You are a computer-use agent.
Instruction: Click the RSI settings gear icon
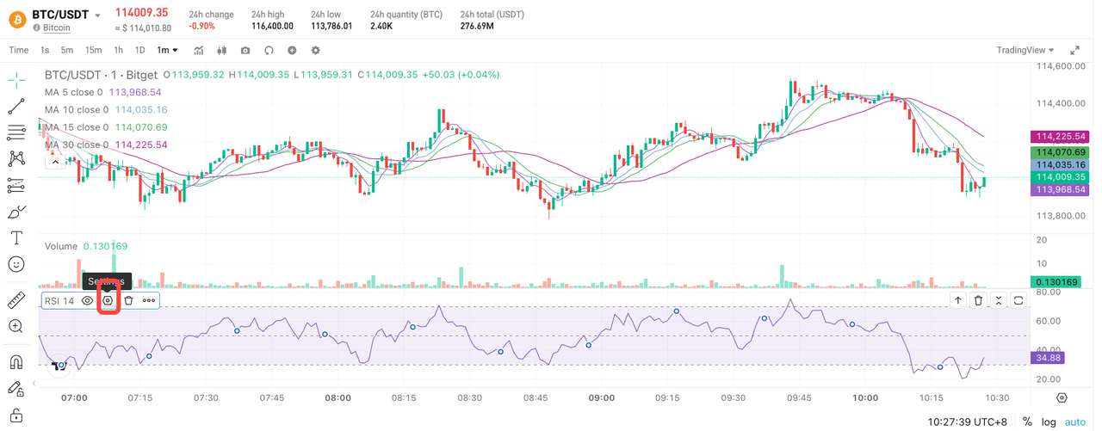pyautogui.click(x=108, y=300)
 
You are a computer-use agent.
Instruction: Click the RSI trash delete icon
pyautogui.click(x=128, y=300)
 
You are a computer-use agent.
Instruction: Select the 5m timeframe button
pyautogui.click(x=67, y=50)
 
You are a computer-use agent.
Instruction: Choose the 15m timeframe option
pyautogui.click(x=93, y=50)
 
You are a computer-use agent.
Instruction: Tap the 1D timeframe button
pyautogui.click(x=139, y=50)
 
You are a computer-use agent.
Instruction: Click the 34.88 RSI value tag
pyautogui.click(x=1047, y=357)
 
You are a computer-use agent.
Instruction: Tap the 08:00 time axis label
pyautogui.click(x=338, y=398)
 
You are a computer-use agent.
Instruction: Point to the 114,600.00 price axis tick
pyautogui.click(x=1058, y=66)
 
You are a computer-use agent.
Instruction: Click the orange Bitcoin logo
pyautogui.click(x=15, y=15)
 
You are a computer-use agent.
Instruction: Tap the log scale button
pyautogui.click(x=1049, y=422)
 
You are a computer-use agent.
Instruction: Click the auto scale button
pyautogui.click(x=1075, y=422)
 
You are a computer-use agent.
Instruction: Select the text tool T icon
pyautogui.click(x=15, y=237)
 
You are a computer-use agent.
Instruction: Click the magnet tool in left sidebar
pyautogui.click(x=15, y=362)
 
